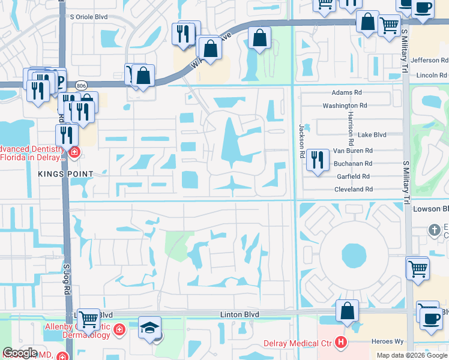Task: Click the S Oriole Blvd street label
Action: tap(89, 17)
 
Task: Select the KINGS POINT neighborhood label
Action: tap(65, 174)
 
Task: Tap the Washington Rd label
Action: tap(344, 106)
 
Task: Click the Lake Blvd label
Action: tap(372, 136)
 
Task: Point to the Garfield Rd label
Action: tap(353, 176)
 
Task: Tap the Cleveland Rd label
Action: tap(354, 189)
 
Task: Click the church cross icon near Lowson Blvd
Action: tap(435, 230)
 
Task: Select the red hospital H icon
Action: tap(341, 343)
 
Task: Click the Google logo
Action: tap(19, 353)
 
